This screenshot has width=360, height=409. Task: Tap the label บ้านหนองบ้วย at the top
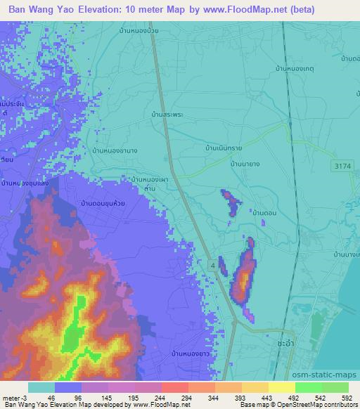[x=133, y=30]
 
